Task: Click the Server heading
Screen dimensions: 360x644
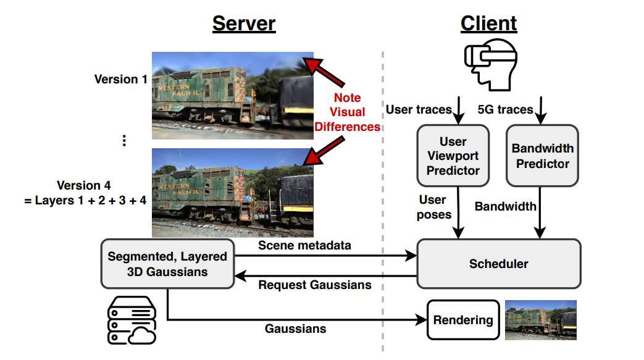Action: coord(244,23)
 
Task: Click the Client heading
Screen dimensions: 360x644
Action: coord(488,23)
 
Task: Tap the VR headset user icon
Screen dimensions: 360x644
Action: coord(489,65)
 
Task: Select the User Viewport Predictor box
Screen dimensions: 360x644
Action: coord(453,155)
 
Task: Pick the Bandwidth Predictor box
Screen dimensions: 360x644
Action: coord(542,155)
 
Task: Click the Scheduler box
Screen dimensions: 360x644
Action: coord(499,264)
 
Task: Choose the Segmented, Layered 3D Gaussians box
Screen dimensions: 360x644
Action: coord(167,264)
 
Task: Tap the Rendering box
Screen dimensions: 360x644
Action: coord(463,320)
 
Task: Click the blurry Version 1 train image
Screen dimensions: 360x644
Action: coord(232,95)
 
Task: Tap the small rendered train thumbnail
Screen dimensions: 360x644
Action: coord(540,320)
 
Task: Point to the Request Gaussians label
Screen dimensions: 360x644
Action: coord(315,285)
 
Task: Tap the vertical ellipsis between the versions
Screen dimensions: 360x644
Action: coord(124,141)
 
